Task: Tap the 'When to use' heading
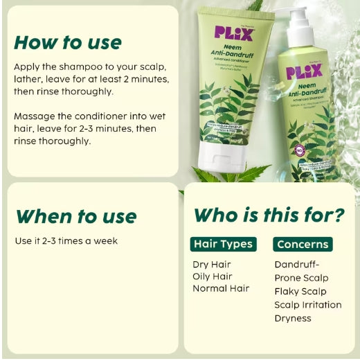coord(75,215)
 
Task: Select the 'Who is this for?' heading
coord(269,215)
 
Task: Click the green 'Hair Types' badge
coord(223,244)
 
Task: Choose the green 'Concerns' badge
coord(303,244)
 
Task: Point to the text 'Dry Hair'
coord(212,264)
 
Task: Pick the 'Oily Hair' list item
coord(213,276)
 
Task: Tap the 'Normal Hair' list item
coord(221,288)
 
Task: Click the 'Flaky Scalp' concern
coord(300,291)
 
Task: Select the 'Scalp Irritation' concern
coord(308,304)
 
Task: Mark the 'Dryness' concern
coord(293,318)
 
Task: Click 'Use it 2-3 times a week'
coord(66,241)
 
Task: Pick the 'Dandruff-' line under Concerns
coord(297,264)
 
